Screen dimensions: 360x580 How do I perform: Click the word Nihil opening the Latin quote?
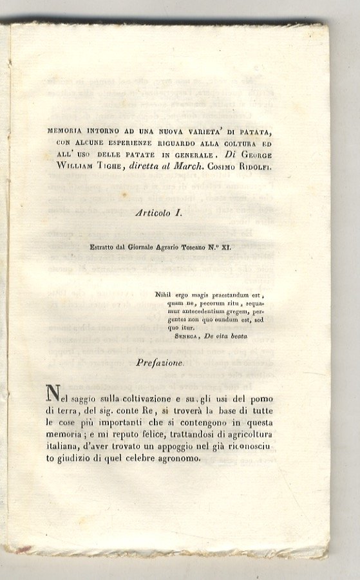tap(166, 295)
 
